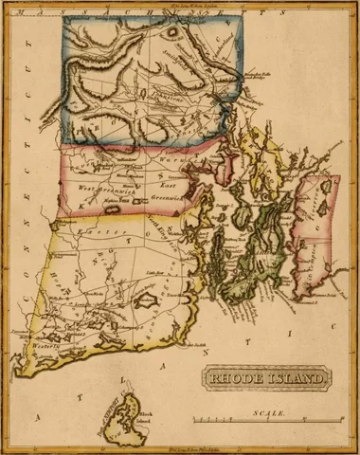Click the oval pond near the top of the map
[x=175, y=30]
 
